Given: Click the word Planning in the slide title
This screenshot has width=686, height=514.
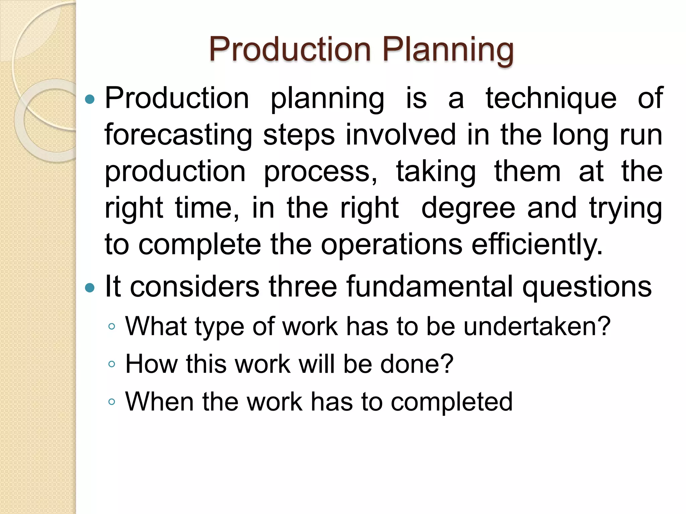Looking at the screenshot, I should pos(448,50).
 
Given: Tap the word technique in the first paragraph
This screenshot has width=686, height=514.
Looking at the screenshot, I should pos(551,98).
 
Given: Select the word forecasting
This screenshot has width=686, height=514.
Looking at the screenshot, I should pos(178,135).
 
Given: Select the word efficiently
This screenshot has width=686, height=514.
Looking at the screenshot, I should pos(537,245).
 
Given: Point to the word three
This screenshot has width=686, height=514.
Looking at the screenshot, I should pos(303,286).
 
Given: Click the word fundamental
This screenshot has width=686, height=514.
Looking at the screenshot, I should pos(429,286).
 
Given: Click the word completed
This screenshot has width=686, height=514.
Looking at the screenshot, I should pos(452,402).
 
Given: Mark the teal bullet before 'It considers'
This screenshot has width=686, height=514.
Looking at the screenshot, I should pos(90,287).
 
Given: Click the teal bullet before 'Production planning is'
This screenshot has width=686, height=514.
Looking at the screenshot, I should pos(90,99).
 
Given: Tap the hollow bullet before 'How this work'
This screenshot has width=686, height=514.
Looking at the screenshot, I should pos(112,364).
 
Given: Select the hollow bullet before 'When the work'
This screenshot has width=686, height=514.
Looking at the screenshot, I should pos(112,402).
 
